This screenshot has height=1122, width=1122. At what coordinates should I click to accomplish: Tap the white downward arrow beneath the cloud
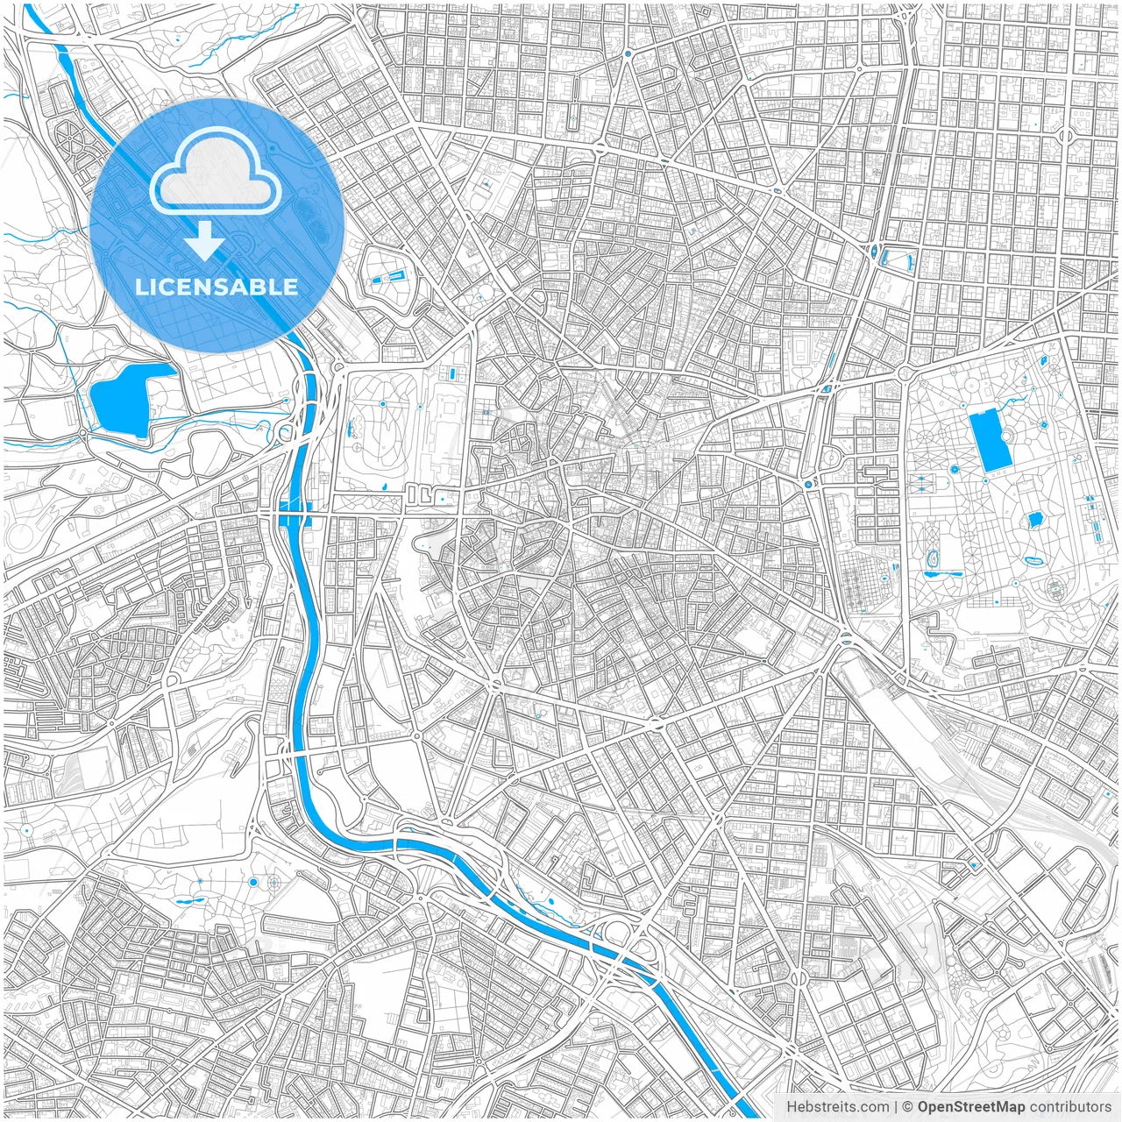pyautogui.click(x=205, y=241)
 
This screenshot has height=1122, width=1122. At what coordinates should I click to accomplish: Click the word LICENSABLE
pyautogui.click(x=217, y=287)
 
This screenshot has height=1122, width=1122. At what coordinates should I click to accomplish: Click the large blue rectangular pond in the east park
pyautogui.click(x=988, y=439)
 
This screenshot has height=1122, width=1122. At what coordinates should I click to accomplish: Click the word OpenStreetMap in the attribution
pyautogui.click(x=970, y=1107)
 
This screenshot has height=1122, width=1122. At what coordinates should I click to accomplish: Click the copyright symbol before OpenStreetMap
pyautogui.click(x=908, y=1107)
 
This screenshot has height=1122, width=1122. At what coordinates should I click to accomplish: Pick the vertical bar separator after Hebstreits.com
pyautogui.click(x=896, y=1107)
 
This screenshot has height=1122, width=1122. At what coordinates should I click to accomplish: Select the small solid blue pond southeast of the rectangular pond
pyautogui.click(x=1033, y=520)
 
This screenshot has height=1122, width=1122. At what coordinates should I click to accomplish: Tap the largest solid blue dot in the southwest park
pyautogui.click(x=253, y=881)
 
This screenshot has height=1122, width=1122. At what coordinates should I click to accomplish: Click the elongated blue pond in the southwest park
pyautogui.click(x=189, y=900)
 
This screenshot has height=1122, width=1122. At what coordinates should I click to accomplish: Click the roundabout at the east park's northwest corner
pyautogui.click(x=904, y=373)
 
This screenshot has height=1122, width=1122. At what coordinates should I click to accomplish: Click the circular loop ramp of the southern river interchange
pyautogui.click(x=619, y=933)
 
